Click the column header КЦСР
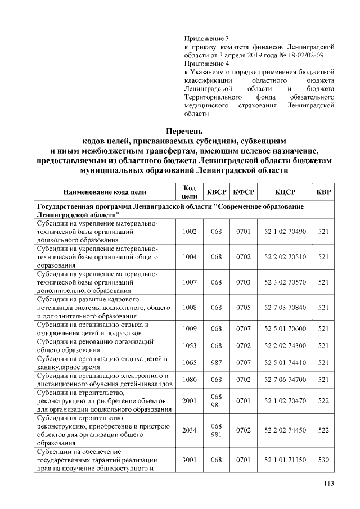coord(285,192)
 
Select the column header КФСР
coord(244,192)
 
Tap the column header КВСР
coord(217,192)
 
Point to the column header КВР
coord(323,192)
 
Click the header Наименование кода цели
coord(106,192)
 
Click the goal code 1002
coord(190,232)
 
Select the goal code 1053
coord(190,345)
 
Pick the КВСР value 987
coord(217,363)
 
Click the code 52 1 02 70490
coord(285,232)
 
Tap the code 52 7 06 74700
coord(285,380)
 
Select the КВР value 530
coord(323,460)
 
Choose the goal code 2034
coord(190,430)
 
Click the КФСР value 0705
coord(244,308)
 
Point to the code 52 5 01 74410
coord(285,363)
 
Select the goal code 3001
coord(190,460)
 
